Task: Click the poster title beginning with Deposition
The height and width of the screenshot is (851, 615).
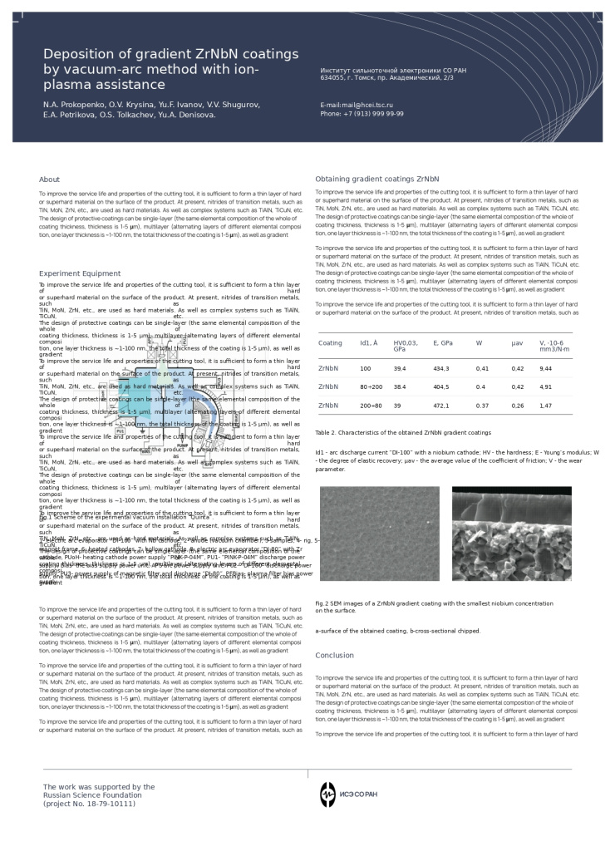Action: (170, 69)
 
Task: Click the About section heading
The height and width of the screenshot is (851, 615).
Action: (49, 179)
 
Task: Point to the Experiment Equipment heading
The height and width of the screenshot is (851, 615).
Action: (80, 273)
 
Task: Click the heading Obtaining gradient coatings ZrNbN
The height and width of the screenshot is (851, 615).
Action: (376, 179)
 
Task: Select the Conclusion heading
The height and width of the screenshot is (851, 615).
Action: (334, 656)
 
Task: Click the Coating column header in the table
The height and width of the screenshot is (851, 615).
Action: (330, 342)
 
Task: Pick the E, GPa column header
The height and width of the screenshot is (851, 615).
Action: (442, 342)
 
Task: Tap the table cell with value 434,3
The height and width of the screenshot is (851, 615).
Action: (440, 368)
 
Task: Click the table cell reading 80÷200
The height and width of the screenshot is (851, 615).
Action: (371, 386)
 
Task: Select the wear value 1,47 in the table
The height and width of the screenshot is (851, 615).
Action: (545, 406)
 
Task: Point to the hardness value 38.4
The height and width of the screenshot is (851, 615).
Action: (400, 386)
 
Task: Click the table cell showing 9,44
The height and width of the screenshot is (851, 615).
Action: (545, 368)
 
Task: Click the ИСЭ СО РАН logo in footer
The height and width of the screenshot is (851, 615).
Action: (348, 794)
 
